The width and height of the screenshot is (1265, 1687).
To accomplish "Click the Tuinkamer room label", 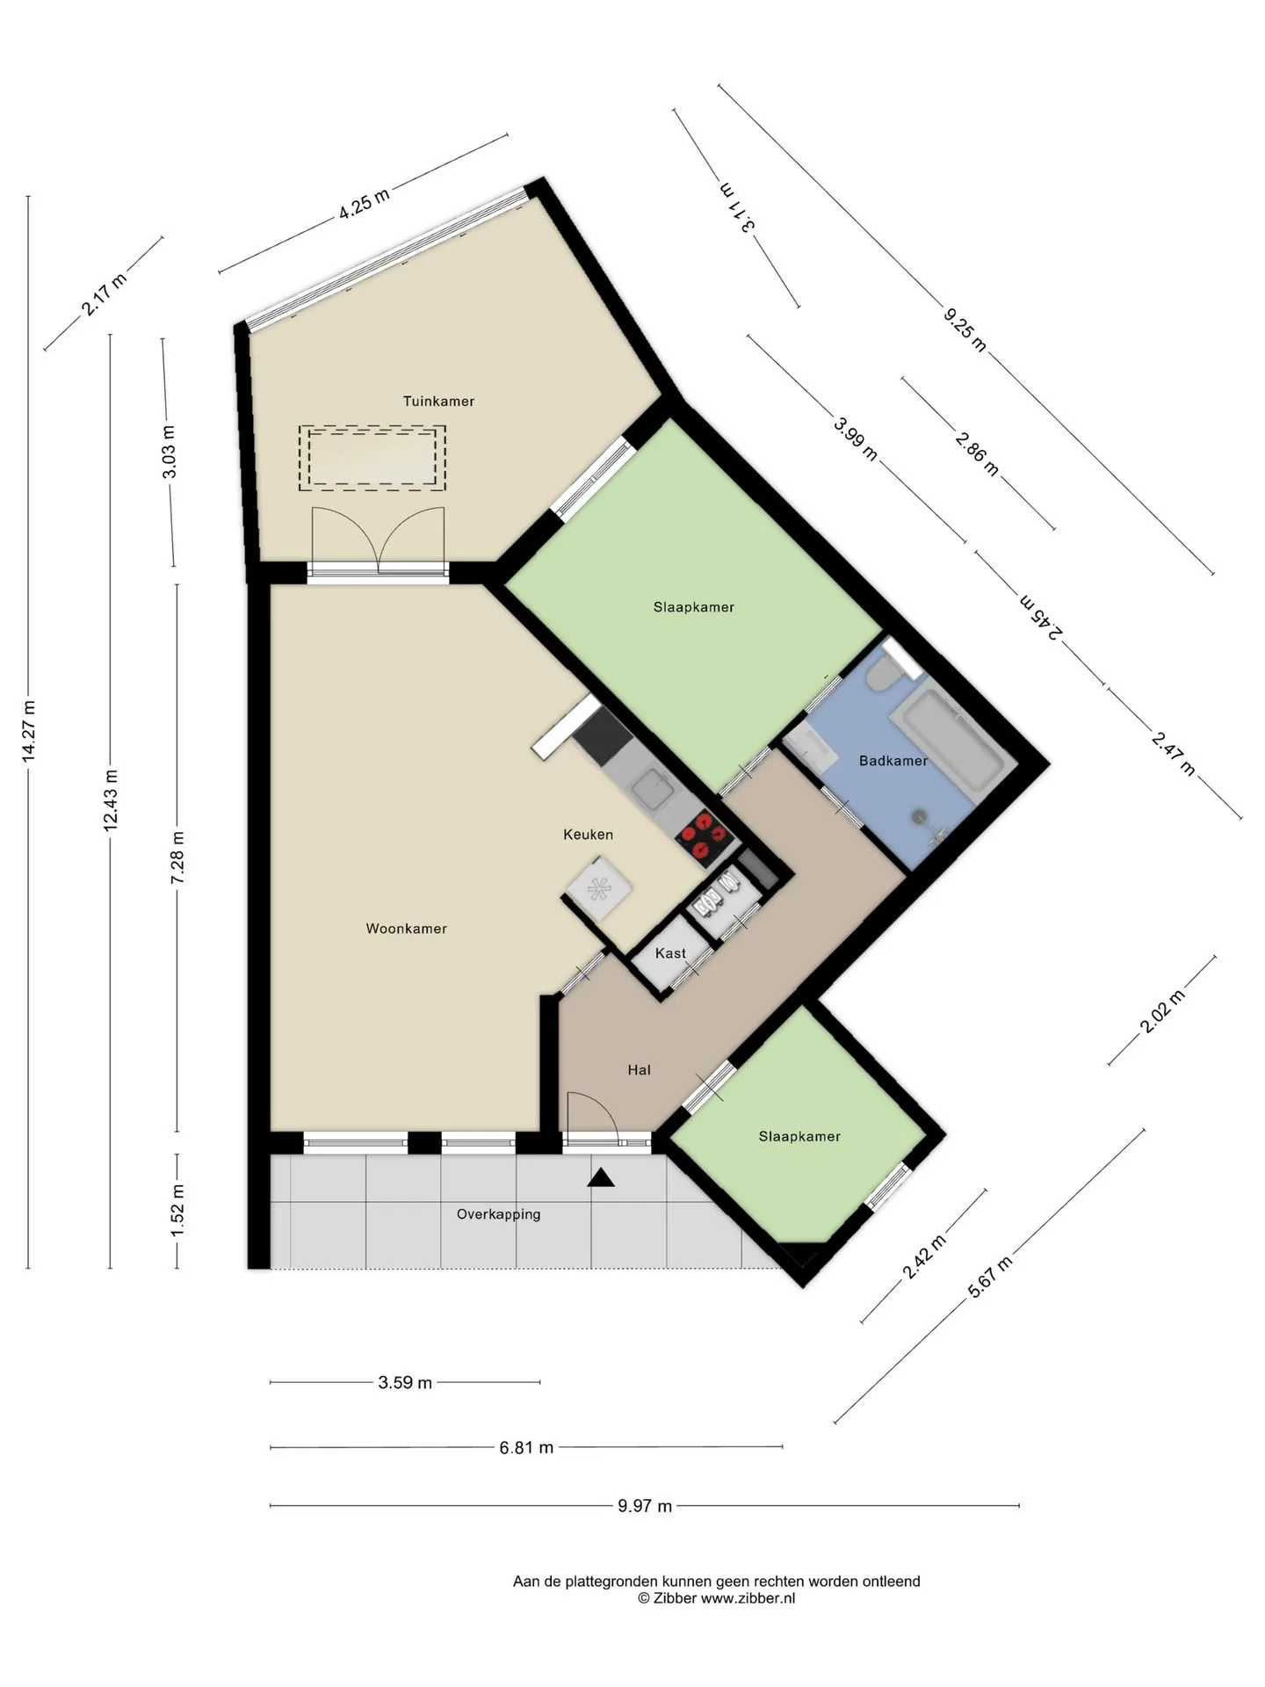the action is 438,402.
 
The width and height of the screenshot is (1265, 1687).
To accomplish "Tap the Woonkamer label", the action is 407,929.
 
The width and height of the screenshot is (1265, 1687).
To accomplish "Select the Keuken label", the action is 589,835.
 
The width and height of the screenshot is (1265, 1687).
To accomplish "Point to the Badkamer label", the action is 893,761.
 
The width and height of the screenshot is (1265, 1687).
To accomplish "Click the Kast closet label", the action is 670,953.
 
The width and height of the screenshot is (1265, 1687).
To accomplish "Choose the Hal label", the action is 640,1070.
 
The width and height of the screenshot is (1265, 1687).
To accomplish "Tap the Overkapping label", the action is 499,1215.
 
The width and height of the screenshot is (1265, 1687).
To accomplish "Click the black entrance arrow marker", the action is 601,1177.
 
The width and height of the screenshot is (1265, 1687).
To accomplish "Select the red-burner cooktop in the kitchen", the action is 704,836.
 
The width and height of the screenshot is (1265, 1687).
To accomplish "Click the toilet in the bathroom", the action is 881,675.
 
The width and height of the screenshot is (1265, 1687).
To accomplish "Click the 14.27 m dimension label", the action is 29,730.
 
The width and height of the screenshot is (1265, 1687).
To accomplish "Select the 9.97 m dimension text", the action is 645,1506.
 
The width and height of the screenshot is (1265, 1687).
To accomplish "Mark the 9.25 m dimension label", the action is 965,329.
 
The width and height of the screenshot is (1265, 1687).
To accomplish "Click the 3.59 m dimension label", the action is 405,1383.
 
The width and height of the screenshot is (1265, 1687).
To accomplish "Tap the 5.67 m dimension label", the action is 990,1278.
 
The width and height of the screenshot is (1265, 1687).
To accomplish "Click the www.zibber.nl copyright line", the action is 717,1598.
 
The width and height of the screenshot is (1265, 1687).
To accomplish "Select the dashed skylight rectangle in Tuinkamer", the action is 372,458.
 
